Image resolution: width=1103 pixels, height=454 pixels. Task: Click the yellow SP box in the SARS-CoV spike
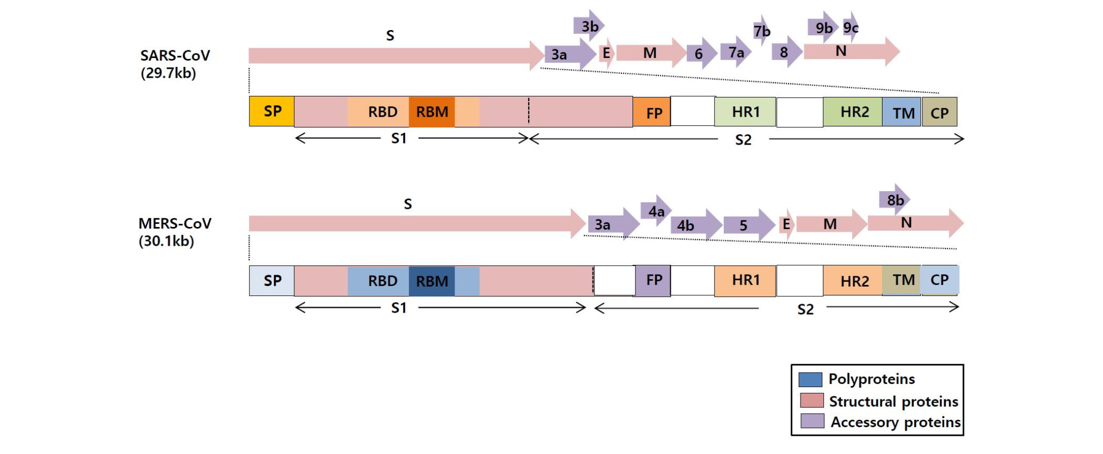[271, 111]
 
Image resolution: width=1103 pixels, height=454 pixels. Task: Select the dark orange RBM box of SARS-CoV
[432, 112]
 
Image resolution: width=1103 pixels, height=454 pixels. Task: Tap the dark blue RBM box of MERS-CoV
[432, 281]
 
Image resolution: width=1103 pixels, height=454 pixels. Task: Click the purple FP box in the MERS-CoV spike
[653, 280]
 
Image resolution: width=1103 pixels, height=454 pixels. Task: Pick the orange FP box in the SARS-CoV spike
[652, 112]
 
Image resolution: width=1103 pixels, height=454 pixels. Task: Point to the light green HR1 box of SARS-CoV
[745, 112]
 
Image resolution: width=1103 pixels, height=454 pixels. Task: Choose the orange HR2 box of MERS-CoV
[853, 281]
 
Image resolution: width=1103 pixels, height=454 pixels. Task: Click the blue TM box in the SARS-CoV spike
[902, 112]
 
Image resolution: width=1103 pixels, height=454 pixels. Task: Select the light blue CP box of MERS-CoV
[940, 280]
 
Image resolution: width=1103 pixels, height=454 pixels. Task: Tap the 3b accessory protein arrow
[589, 26]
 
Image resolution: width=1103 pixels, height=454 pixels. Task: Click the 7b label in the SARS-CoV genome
[762, 31]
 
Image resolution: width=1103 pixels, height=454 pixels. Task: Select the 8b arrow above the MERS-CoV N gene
[894, 200]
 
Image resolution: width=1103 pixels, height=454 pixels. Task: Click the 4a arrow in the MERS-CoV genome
[656, 211]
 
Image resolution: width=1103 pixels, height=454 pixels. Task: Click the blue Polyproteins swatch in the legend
[810, 379]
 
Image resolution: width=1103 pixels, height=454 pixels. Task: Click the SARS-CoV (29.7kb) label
[174, 64]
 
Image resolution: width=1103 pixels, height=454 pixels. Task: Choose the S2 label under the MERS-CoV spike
[805, 309]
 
